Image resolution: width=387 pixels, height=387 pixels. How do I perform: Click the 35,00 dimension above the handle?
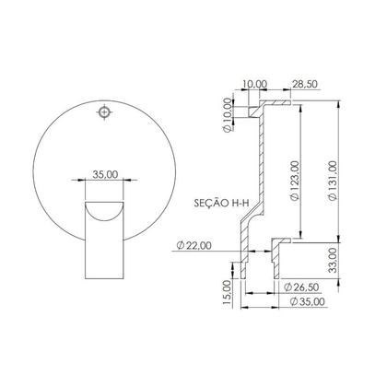tap(106, 173)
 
